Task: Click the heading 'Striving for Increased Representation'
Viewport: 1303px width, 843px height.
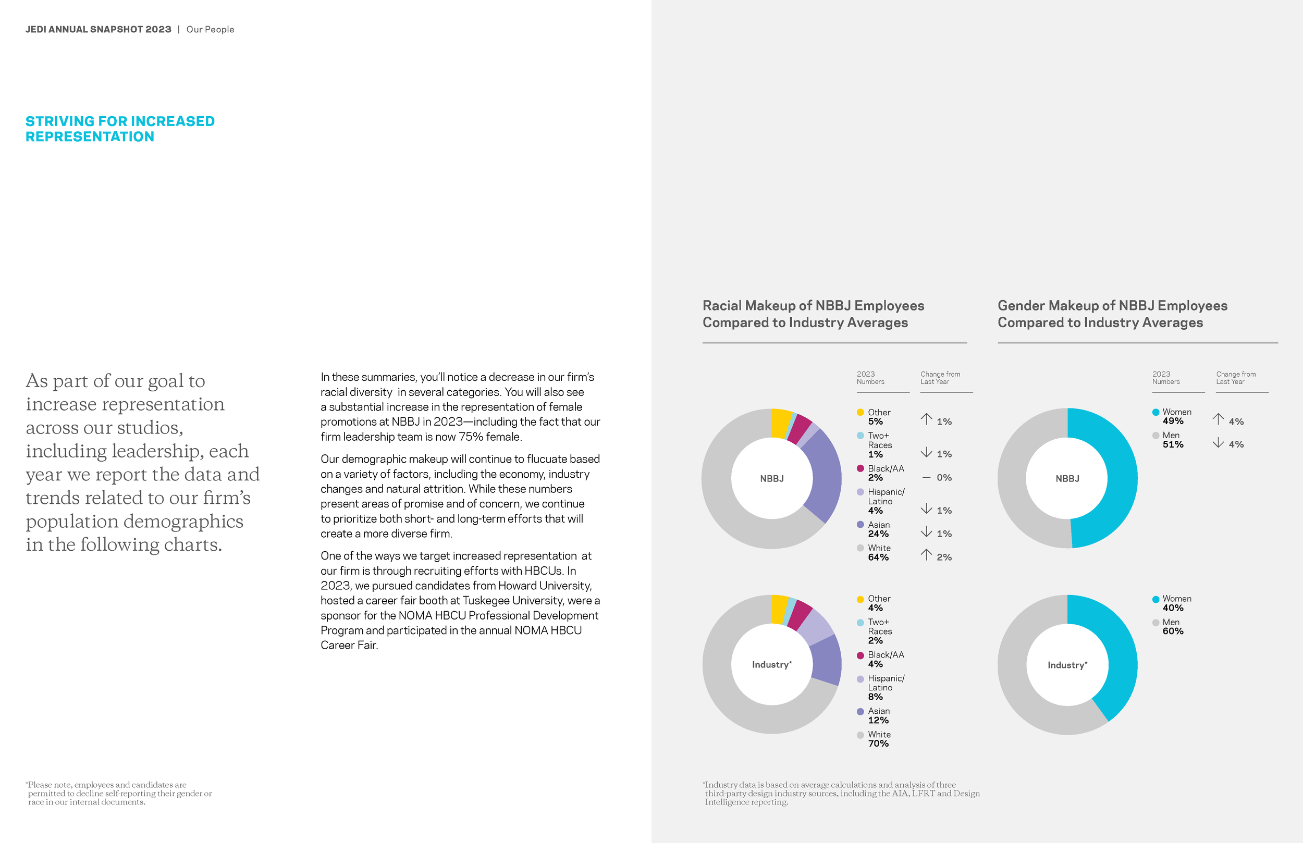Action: [x=120, y=129]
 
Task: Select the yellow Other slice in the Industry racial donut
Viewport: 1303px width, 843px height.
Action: [x=779, y=609]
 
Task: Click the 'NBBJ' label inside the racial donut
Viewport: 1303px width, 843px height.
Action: [x=771, y=478]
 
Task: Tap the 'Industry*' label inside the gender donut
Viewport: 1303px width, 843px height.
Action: [x=1067, y=665]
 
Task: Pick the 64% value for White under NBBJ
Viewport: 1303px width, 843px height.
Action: [x=878, y=557]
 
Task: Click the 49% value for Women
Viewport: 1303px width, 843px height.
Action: [x=1173, y=421]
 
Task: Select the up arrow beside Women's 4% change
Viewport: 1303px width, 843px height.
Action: [x=1218, y=419]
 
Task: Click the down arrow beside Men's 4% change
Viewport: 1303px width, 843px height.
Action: [x=1218, y=443]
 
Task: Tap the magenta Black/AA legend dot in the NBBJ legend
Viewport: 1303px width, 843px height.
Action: [x=860, y=468]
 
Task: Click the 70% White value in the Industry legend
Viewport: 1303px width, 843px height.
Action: [x=878, y=743]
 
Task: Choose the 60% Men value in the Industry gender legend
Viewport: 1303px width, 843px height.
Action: [x=1173, y=631]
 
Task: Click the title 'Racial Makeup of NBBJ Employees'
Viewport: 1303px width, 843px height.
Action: [x=813, y=305]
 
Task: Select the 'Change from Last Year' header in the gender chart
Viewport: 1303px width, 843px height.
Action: [x=1236, y=378]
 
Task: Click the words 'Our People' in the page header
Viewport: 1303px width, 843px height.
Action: [x=210, y=30]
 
